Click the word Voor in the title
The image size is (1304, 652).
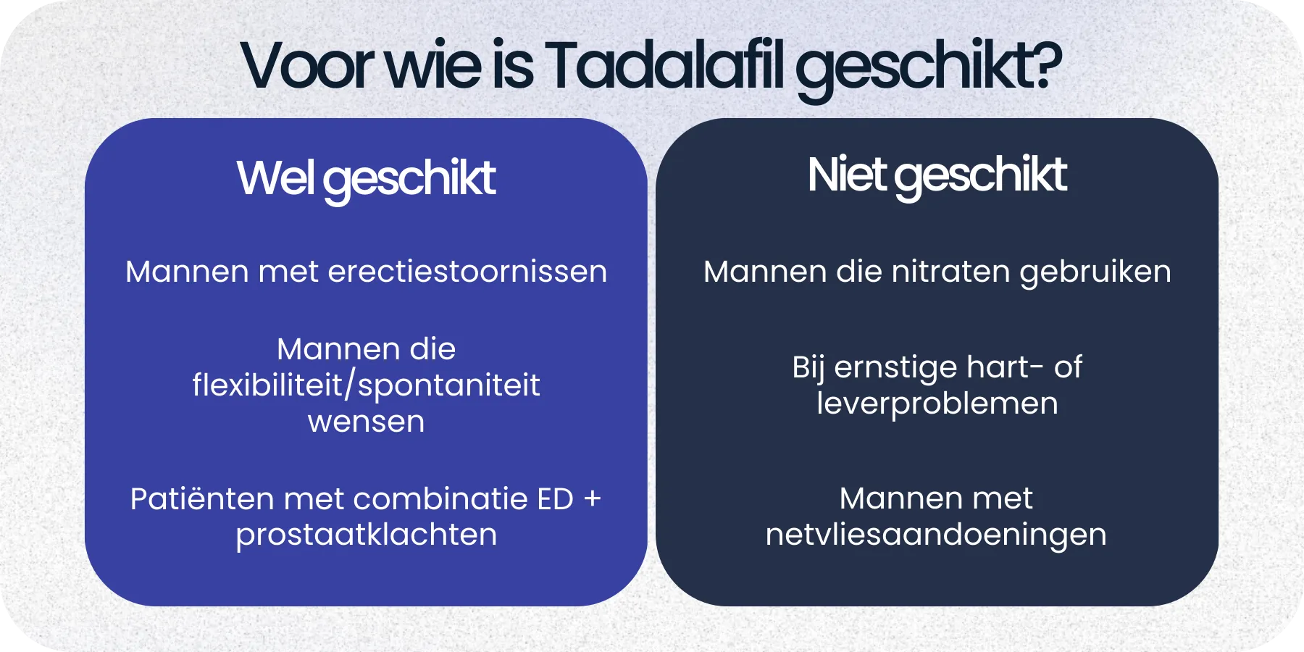coord(306,67)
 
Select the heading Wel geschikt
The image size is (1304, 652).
coord(366,178)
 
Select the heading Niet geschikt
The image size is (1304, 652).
coord(937,175)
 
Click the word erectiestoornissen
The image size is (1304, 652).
coord(467,272)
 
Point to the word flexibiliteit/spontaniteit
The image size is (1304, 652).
coord(366,385)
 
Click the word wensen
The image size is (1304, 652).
coord(366,422)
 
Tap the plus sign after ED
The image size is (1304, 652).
coord(592,499)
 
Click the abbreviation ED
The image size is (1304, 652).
coord(555,499)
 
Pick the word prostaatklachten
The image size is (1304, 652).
coord(366,535)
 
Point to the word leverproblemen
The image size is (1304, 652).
coord(937,404)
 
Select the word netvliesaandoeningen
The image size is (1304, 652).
coord(936,535)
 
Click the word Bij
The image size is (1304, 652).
coord(808,368)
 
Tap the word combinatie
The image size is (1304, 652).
coord(440,499)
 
